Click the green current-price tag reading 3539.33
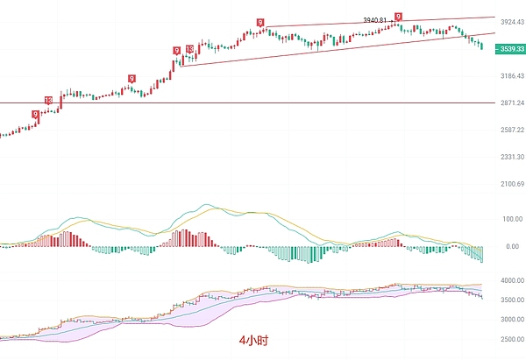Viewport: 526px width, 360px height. (507, 50)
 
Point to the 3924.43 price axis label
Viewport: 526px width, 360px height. (507, 21)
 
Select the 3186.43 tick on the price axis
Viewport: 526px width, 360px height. (507, 76)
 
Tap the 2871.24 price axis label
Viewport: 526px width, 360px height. (507, 102)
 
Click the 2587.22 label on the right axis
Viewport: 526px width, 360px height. (507, 130)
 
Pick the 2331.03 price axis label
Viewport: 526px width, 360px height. (507, 157)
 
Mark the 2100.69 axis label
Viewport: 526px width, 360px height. (507, 184)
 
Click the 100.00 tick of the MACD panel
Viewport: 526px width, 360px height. (509, 219)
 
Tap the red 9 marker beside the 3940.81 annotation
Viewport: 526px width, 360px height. (399, 17)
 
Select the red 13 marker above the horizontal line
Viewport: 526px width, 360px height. (48, 102)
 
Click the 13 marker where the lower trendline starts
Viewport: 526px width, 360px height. (189, 50)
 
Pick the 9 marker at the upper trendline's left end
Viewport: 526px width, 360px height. (260, 22)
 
